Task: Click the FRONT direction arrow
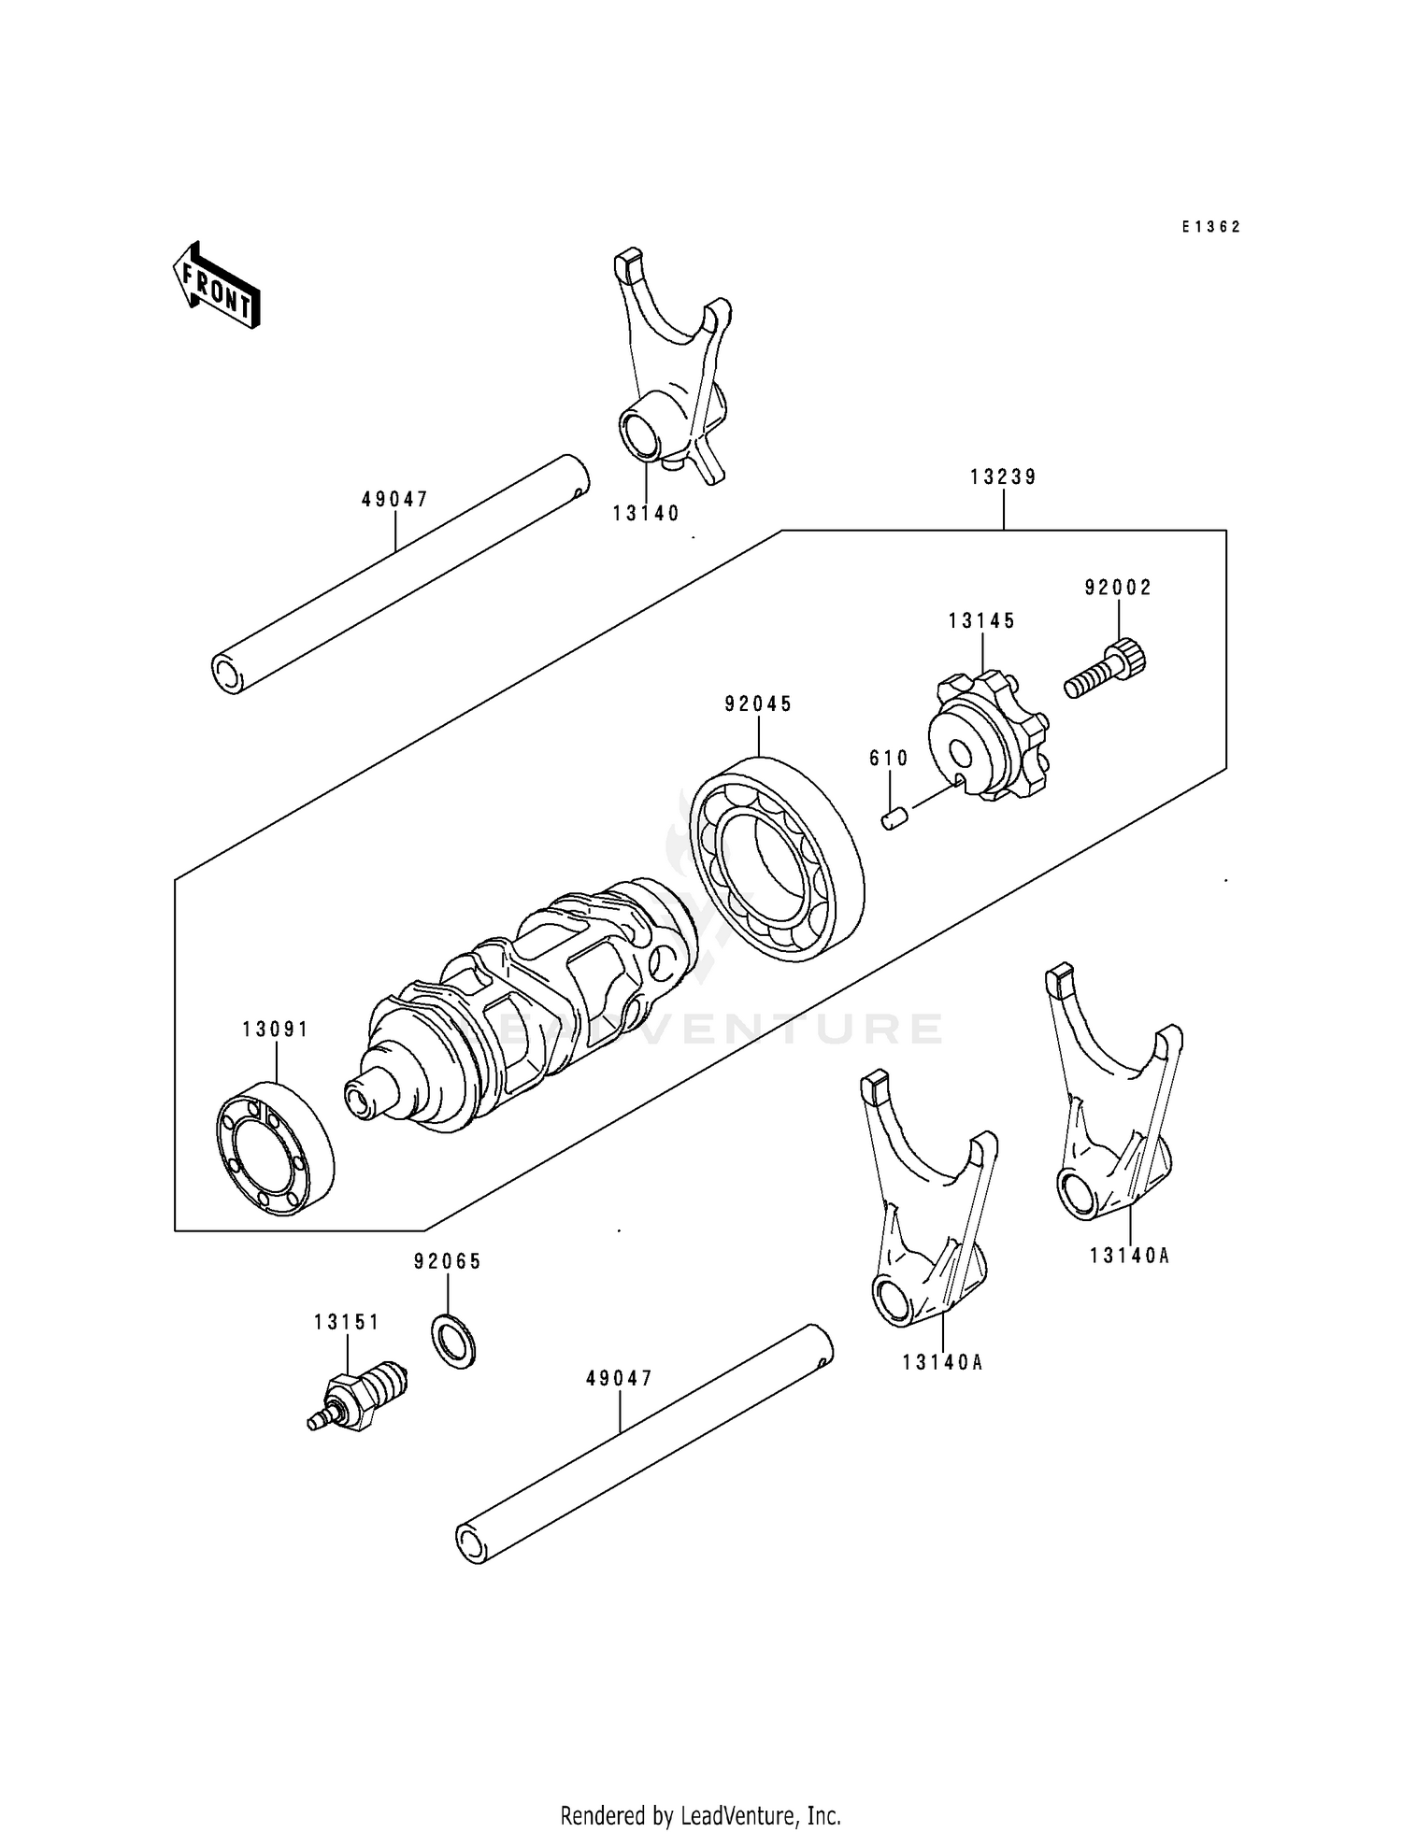[x=216, y=285]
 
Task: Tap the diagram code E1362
[x=1210, y=227]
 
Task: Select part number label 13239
[x=1003, y=477]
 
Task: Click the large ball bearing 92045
[x=776, y=859]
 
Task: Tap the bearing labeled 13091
[x=275, y=1149]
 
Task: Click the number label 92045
[x=758, y=704]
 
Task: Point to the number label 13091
[x=275, y=1030]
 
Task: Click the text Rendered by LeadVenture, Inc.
[x=700, y=1815]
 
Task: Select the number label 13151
[x=347, y=1322]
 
